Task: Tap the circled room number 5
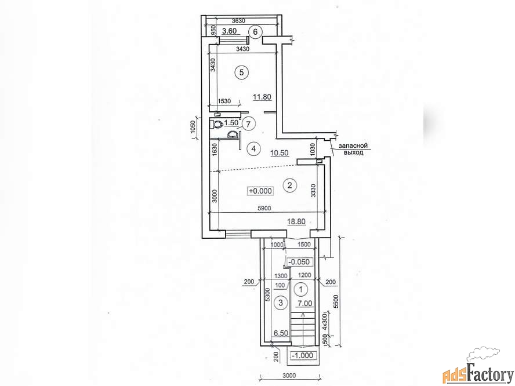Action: pyautogui.click(x=242, y=72)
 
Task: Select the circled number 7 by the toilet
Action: pyautogui.click(x=248, y=124)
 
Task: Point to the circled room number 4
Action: pyautogui.click(x=253, y=149)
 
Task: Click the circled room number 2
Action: pyautogui.click(x=290, y=185)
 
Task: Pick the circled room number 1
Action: pyautogui.click(x=301, y=289)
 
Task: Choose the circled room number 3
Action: pyautogui.click(x=281, y=303)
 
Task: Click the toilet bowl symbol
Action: pyautogui.click(x=216, y=125)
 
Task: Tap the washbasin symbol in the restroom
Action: pyautogui.click(x=233, y=135)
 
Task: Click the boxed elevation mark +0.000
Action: pyautogui.click(x=261, y=191)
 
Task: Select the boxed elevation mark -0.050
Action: pyautogui.click(x=299, y=261)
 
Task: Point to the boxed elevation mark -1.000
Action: pyautogui.click(x=303, y=355)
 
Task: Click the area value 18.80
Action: pyautogui.click(x=296, y=221)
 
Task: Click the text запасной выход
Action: pyautogui.click(x=353, y=149)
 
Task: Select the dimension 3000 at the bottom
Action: pyautogui.click(x=289, y=375)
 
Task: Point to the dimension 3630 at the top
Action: pyautogui.click(x=238, y=21)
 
